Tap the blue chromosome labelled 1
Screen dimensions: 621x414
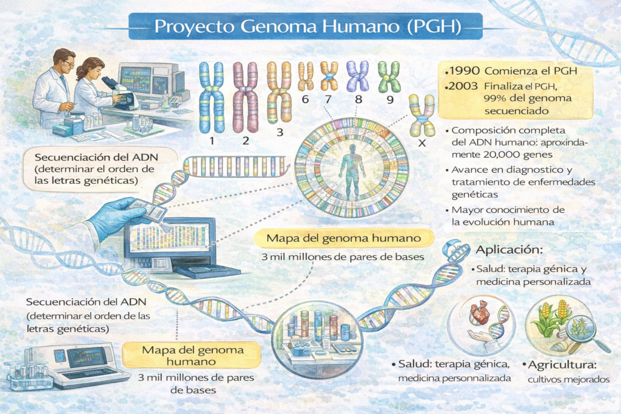(x=212, y=98)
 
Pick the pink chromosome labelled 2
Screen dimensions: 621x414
(x=245, y=98)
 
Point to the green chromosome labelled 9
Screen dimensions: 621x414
(x=389, y=76)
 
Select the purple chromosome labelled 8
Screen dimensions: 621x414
(x=358, y=76)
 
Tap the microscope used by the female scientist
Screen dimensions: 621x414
(x=119, y=93)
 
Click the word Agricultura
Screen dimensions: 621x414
(x=562, y=364)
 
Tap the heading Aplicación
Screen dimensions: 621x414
(x=509, y=250)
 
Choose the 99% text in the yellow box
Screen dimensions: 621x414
(x=496, y=98)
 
